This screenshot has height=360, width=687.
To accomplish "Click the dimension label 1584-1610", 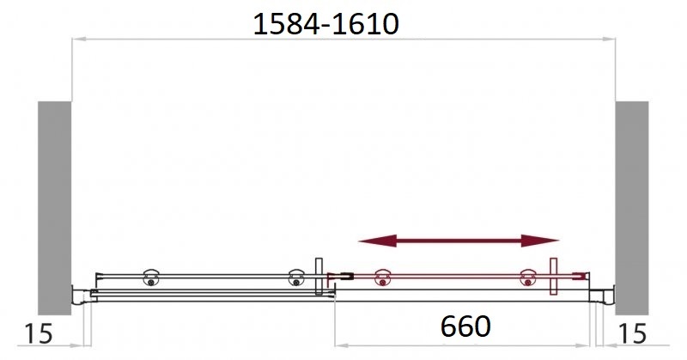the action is tap(326, 24).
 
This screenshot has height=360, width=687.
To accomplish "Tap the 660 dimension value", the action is tap(465, 326).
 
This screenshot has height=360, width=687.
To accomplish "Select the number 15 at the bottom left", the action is tap(39, 333).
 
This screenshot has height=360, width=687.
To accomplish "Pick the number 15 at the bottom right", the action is tap(632, 333).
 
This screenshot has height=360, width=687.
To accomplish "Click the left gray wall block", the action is tap(54, 208).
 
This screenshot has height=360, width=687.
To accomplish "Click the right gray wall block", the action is tap(632, 208).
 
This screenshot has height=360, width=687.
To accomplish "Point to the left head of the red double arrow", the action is tap(377, 241).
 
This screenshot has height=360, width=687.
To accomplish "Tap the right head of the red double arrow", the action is tap(540, 241).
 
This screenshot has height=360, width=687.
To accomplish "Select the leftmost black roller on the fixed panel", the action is tap(151, 278).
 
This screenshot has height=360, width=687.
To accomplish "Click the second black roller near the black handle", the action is tap(296, 278).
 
